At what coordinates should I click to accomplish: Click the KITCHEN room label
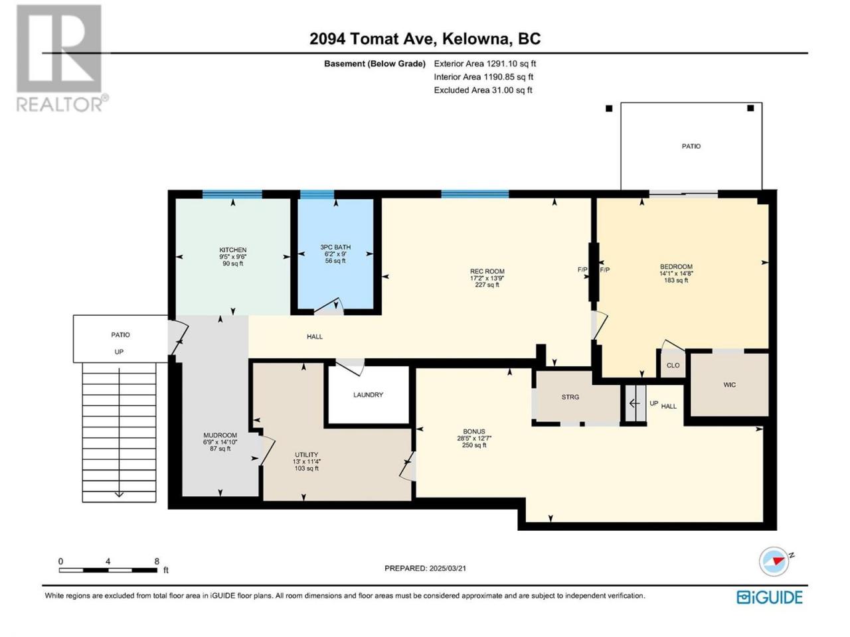(232, 250)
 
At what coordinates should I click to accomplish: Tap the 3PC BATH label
(335, 247)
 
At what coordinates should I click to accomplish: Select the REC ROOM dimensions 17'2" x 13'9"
(487, 278)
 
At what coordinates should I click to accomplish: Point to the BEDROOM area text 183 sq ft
(676, 280)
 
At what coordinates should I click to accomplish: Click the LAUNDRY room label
(368, 395)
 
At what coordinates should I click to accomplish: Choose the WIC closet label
(729, 385)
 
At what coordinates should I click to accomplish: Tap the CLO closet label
(673, 365)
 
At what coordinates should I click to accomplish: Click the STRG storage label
(570, 397)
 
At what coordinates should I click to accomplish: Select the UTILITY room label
(306, 455)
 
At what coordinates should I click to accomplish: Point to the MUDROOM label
(220, 435)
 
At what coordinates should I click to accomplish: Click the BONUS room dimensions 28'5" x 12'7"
(474, 438)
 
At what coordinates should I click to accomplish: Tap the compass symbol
(774, 561)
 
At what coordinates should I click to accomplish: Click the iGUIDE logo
(770, 597)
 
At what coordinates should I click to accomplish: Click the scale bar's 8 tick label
(157, 561)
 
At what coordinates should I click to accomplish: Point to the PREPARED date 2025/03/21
(448, 568)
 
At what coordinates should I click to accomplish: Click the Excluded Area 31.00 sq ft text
(483, 90)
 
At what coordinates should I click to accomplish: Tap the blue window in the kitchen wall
(232, 194)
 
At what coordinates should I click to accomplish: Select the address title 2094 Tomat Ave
(373, 39)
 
